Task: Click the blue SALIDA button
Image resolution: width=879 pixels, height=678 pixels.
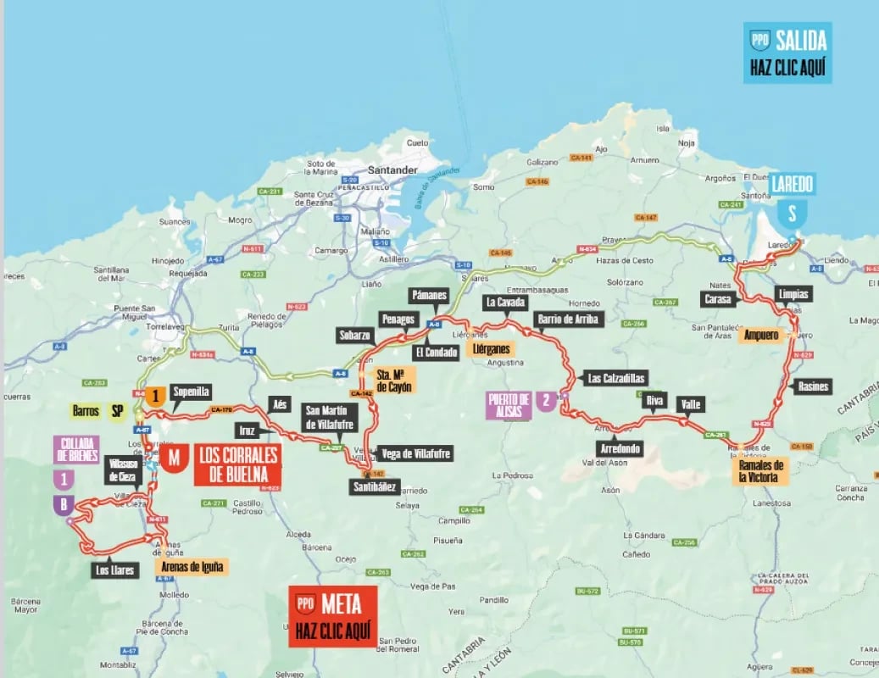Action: pyautogui.click(x=787, y=53)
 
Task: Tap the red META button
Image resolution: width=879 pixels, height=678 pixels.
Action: pyautogui.click(x=332, y=616)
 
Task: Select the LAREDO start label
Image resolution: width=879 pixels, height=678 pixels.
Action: pyautogui.click(x=792, y=183)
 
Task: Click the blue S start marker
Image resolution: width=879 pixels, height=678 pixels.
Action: pyautogui.click(x=792, y=212)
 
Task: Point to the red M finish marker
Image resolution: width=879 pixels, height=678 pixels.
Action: pyautogui.click(x=175, y=458)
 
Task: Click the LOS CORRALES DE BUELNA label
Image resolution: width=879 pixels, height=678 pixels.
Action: pyautogui.click(x=236, y=464)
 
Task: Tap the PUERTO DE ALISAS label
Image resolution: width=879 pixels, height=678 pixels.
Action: pyautogui.click(x=509, y=405)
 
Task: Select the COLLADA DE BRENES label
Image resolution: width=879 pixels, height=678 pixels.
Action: pyautogui.click(x=76, y=449)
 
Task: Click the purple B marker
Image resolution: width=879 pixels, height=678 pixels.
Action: pyautogui.click(x=62, y=506)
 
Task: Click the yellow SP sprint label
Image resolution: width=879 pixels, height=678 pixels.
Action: pyautogui.click(x=116, y=411)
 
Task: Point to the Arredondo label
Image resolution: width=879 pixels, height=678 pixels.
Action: pyautogui.click(x=616, y=448)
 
